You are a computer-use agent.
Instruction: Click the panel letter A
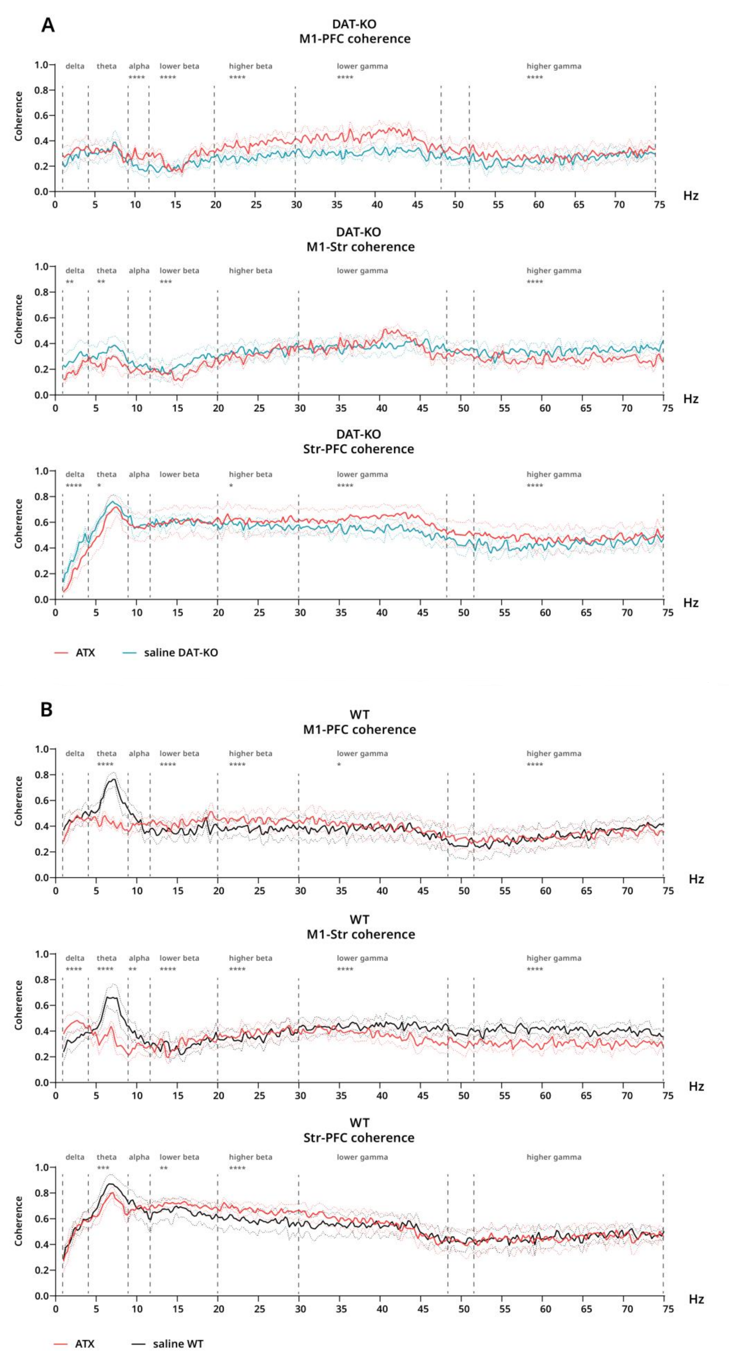pos(48,25)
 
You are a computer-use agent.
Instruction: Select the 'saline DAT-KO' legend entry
pos(181,652)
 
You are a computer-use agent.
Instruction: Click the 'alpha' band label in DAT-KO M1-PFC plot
pos(139,66)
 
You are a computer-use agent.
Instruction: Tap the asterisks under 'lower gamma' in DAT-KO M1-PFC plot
pos(345,78)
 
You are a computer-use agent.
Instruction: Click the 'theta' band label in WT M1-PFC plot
pos(106,753)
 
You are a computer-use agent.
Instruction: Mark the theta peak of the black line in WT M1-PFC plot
pos(114,779)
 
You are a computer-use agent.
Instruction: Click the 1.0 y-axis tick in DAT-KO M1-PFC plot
pos(41,65)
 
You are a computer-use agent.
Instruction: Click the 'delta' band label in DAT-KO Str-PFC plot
pos(75,474)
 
